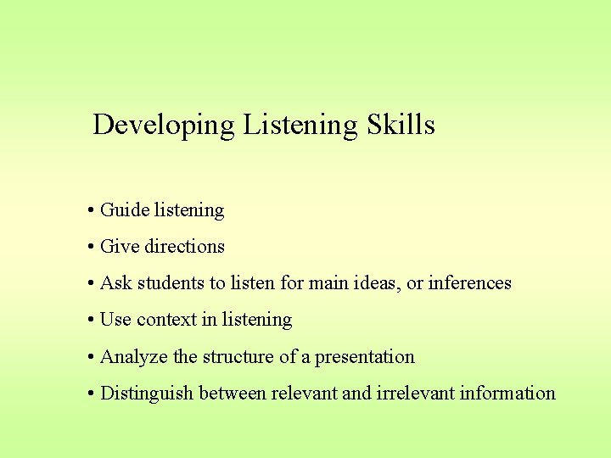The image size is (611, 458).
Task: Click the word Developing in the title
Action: (x=163, y=126)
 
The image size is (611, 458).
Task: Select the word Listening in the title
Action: (x=300, y=126)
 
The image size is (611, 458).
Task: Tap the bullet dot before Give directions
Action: (x=89, y=247)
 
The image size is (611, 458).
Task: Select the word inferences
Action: (x=470, y=283)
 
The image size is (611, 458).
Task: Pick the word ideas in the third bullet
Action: (x=376, y=283)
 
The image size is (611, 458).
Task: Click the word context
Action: (x=166, y=320)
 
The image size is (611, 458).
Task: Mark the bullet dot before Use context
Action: (x=89, y=320)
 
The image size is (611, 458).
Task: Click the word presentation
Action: (x=365, y=357)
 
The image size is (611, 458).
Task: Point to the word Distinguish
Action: (x=144, y=394)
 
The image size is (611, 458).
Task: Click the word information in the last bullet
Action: (x=511, y=394)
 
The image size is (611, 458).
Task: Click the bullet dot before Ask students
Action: (x=89, y=283)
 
